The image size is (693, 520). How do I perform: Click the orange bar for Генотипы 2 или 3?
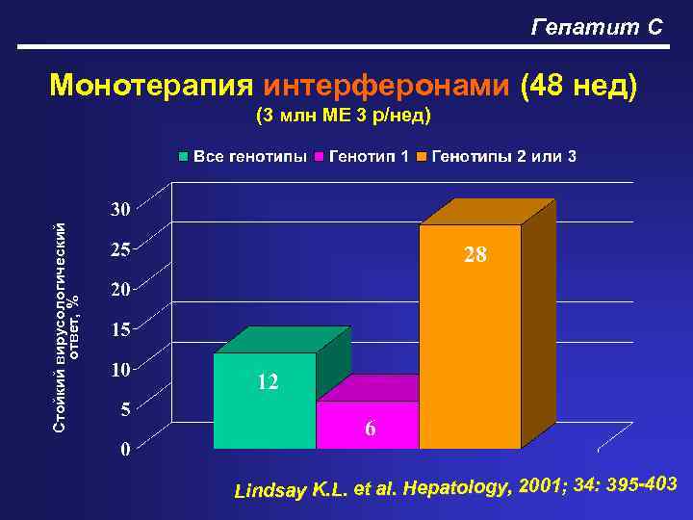click(470, 337)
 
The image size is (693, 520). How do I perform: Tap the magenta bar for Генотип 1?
click(368, 424)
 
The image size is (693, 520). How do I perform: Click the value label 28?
click(475, 255)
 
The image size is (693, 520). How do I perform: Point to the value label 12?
click(267, 383)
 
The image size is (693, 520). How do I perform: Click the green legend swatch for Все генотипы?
click(184, 156)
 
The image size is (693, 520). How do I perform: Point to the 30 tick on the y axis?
click(119, 209)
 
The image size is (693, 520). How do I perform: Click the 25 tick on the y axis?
click(119, 248)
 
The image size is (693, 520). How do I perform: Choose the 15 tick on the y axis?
click(119, 329)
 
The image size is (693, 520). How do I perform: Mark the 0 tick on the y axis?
click(125, 449)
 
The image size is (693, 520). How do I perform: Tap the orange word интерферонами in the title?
click(387, 87)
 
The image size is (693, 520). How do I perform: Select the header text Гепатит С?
click(597, 27)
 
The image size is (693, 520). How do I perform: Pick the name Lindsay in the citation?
click(270, 492)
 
